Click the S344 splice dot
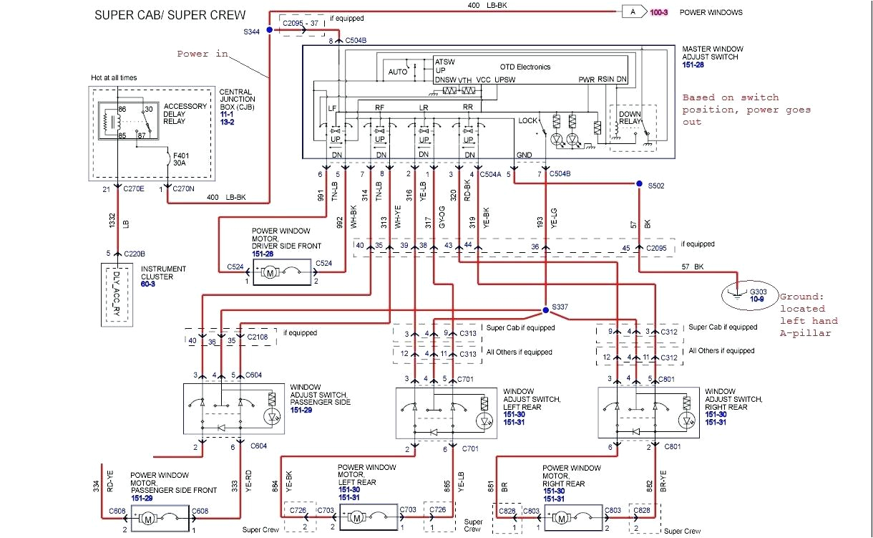click(269, 30)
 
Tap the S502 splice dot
click(639, 184)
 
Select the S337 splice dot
click(544, 311)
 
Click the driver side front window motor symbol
click(270, 272)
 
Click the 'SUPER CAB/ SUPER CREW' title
click(170, 15)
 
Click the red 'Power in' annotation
click(203, 54)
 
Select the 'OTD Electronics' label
click(524, 67)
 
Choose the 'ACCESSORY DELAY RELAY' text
click(185, 113)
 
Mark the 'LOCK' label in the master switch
click(527, 120)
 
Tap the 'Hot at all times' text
click(113, 77)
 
